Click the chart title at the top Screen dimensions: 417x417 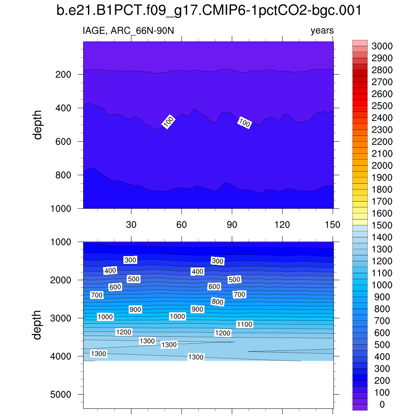tap(208, 11)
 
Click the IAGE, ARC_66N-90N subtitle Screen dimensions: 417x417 tap(129, 31)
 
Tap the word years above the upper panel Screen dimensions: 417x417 tap(322, 31)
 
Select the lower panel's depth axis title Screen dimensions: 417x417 tap(38, 325)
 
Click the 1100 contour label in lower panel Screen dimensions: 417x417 tap(244, 325)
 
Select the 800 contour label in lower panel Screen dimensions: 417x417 tap(217, 302)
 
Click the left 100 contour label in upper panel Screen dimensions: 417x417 tap(169, 122)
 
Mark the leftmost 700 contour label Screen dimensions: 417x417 tap(97, 295)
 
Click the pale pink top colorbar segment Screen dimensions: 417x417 tap(360, 43)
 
